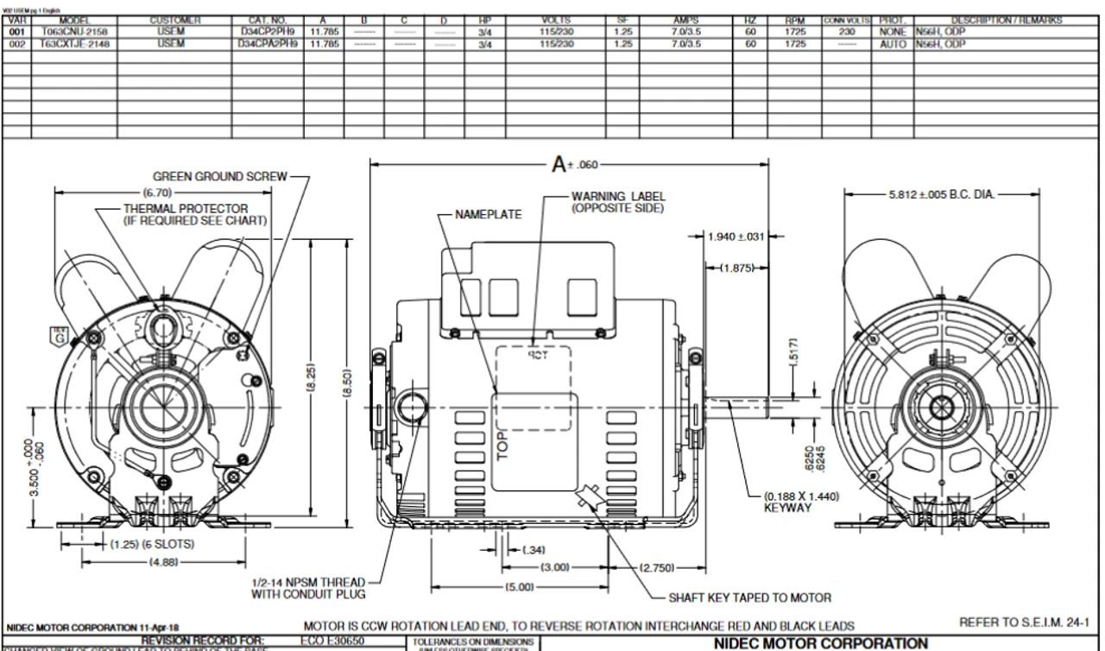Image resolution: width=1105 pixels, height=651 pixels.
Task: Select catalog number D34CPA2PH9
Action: point(267,40)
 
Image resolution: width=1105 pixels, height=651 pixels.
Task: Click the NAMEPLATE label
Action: point(488,214)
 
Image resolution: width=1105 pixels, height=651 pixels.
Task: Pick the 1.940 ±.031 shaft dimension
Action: point(735,237)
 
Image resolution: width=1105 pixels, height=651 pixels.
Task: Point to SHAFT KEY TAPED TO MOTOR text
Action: point(749,597)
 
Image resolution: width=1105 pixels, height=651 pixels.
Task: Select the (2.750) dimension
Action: point(658,567)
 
